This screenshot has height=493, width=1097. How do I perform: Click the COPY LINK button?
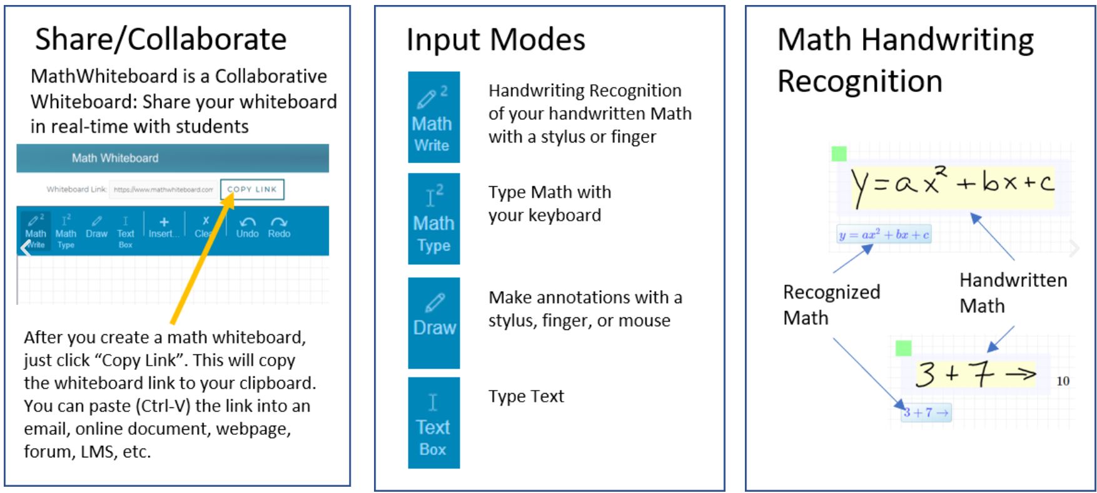point(252,189)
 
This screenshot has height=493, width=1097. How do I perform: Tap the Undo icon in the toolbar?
point(247,222)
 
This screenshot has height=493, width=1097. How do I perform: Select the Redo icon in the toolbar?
point(279,222)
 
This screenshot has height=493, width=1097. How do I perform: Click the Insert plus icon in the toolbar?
point(164,222)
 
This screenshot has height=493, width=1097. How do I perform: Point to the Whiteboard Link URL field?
point(163,189)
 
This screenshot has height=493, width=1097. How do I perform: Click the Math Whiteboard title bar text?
point(115,158)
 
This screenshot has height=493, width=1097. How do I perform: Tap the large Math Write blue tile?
point(433,117)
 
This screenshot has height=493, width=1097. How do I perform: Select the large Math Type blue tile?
point(433,219)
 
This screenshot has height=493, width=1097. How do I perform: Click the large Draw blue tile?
point(433,322)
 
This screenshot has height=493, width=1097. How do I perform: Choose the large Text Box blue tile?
point(433,422)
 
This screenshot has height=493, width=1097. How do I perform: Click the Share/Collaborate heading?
point(161,39)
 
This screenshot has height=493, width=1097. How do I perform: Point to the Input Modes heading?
point(495,39)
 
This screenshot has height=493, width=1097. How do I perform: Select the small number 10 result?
point(1063,381)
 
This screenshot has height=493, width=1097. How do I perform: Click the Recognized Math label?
point(831,305)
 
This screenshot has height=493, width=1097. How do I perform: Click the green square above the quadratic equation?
point(839,153)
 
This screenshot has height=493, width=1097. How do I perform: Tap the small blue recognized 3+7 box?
point(926,412)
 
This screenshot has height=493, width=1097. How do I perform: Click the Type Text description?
point(526,396)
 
